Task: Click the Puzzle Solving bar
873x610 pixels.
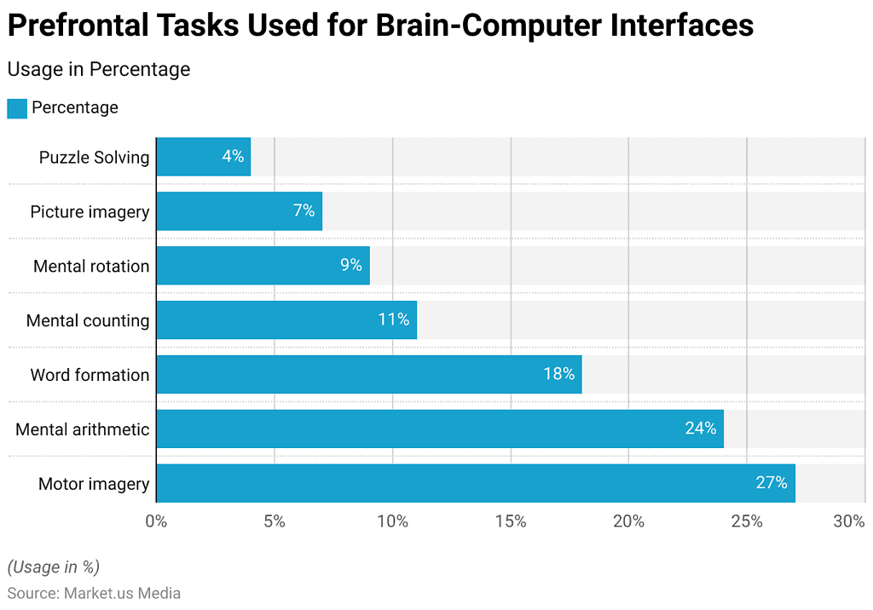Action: point(203,157)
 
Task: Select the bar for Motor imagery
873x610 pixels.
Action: point(475,484)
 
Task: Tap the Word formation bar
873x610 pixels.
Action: point(368,375)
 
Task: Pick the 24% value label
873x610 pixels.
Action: point(701,429)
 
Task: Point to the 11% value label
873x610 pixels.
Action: point(394,320)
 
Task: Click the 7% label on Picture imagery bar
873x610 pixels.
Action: point(304,210)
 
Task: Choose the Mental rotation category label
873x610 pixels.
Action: point(91,266)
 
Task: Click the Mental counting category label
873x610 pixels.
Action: point(88,320)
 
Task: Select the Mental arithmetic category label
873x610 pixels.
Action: point(83,429)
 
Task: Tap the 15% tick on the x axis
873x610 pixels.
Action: point(510,522)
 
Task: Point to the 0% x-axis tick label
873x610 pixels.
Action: point(156,522)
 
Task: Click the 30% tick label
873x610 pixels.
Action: point(849,522)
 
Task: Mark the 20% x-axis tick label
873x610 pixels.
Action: point(628,522)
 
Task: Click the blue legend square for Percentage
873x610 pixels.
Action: point(17,108)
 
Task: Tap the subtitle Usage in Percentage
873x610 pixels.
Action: point(99,69)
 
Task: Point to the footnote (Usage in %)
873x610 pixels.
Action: point(54,567)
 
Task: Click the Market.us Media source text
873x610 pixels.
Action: point(122,593)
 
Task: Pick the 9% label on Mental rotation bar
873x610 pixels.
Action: point(351,265)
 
